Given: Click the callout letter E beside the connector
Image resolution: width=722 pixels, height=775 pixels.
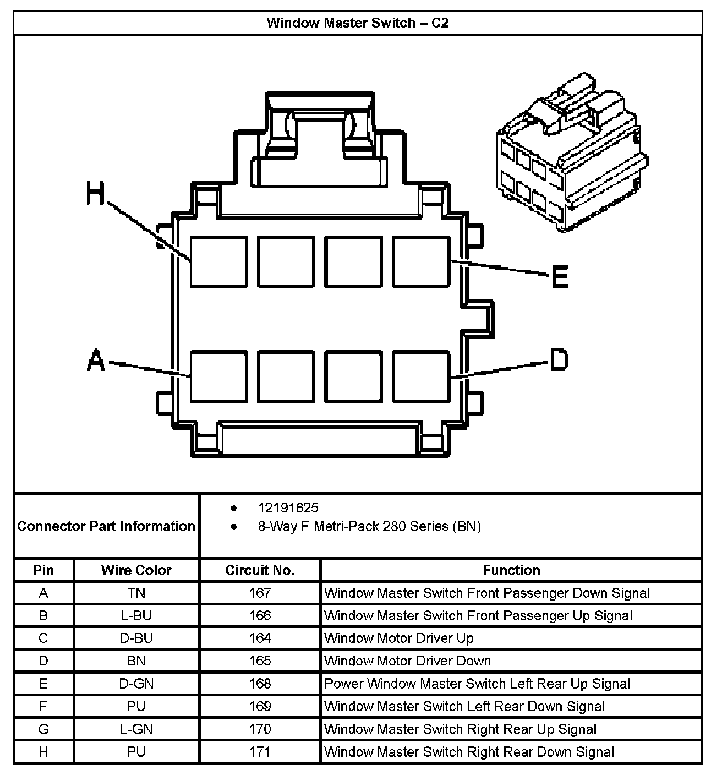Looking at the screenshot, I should (560, 276).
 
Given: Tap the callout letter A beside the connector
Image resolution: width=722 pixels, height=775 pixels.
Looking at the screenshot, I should (96, 361).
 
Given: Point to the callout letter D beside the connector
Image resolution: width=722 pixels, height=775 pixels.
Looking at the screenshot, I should (559, 360).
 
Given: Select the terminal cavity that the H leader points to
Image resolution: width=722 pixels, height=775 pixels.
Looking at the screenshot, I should (218, 261).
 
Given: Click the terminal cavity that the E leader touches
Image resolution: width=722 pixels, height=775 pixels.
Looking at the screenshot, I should (421, 261).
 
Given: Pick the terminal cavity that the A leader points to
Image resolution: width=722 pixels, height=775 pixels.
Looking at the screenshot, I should (218, 376).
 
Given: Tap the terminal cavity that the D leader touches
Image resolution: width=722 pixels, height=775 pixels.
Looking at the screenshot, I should (421, 376).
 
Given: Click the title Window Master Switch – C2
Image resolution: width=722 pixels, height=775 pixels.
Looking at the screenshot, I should (358, 23).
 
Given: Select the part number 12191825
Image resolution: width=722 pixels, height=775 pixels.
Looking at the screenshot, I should (288, 507).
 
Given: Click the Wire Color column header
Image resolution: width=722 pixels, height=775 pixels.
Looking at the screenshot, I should (136, 570).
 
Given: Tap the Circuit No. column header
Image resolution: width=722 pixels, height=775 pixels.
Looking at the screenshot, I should (260, 570).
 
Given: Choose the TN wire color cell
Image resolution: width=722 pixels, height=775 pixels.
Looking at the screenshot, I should (136, 593).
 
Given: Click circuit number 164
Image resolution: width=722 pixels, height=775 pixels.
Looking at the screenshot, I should (260, 638).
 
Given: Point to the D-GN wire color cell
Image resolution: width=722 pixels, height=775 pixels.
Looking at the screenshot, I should (136, 684).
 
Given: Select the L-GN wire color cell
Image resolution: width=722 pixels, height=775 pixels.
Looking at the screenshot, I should (136, 729).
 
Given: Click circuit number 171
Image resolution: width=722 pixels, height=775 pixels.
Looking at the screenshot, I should (260, 752).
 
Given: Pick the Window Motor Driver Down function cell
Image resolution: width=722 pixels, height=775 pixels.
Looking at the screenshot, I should (407, 661).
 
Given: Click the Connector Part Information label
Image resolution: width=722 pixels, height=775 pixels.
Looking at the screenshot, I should (106, 526).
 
